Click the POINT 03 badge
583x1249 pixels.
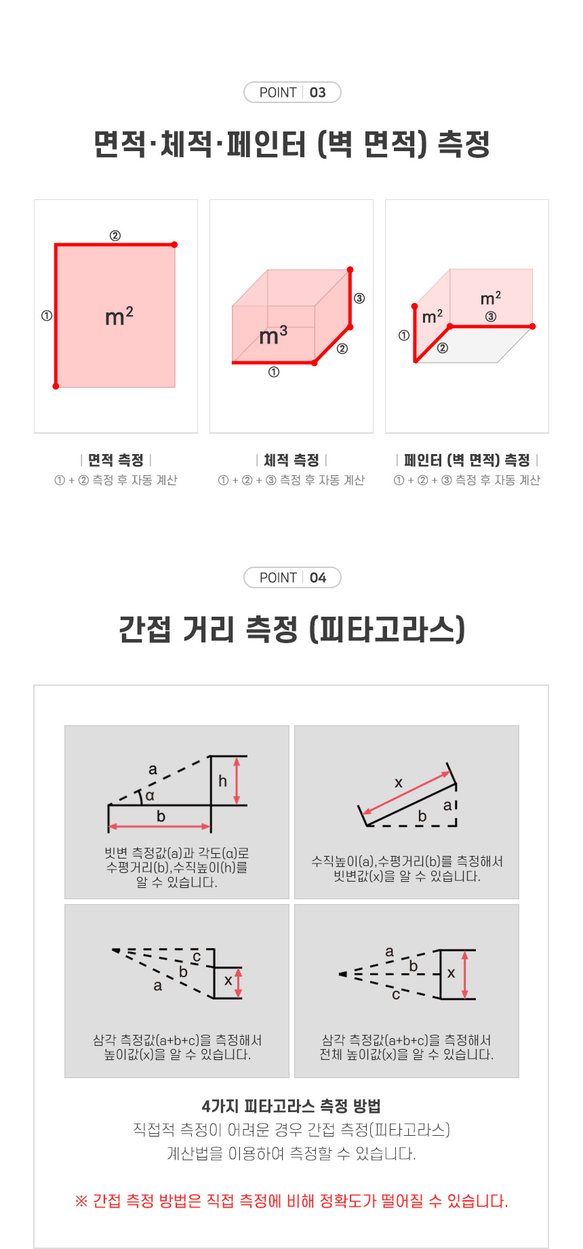pyautogui.click(x=292, y=92)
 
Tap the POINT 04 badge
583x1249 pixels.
pyautogui.click(x=292, y=577)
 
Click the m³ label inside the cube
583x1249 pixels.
pyautogui.click(x=273, y=335)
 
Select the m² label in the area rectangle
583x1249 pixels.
pyautogui.click(x=119, y=316)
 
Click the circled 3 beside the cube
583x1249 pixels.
pyautogui.click(x=359, y=298)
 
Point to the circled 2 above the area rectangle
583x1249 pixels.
pyautogui.click(x=115, y=235)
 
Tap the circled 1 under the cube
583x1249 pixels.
pyautogui.click(x=274, y=372)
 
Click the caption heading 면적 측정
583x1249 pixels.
pyautogui.click(x=116, y=460)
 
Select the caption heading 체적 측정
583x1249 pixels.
pyautogui.click(x=291, y=460)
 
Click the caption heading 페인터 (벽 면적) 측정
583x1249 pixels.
pyautogui.click(x=467, y=460)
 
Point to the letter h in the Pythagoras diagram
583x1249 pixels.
pyautogui.click(x=222, y=781)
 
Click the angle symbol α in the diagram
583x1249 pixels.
pyautogui.click(x=150, y=796)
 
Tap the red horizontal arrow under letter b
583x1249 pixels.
pyautogui.click(x=159, y=826)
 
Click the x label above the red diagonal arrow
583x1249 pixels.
pyautogui.click(x=399, y=783)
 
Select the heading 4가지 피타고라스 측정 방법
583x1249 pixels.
pyautogui.click(x=291, y=1106)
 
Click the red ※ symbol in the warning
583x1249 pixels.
pyautogui.click(x=81, y=1202)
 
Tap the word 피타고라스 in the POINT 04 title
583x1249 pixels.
pyautogui.click(x=387, y=629)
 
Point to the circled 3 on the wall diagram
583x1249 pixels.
pyautogui.click(x=491, y=316)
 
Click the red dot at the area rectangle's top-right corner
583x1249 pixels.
pyautogui.click(x=174, y=245)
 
